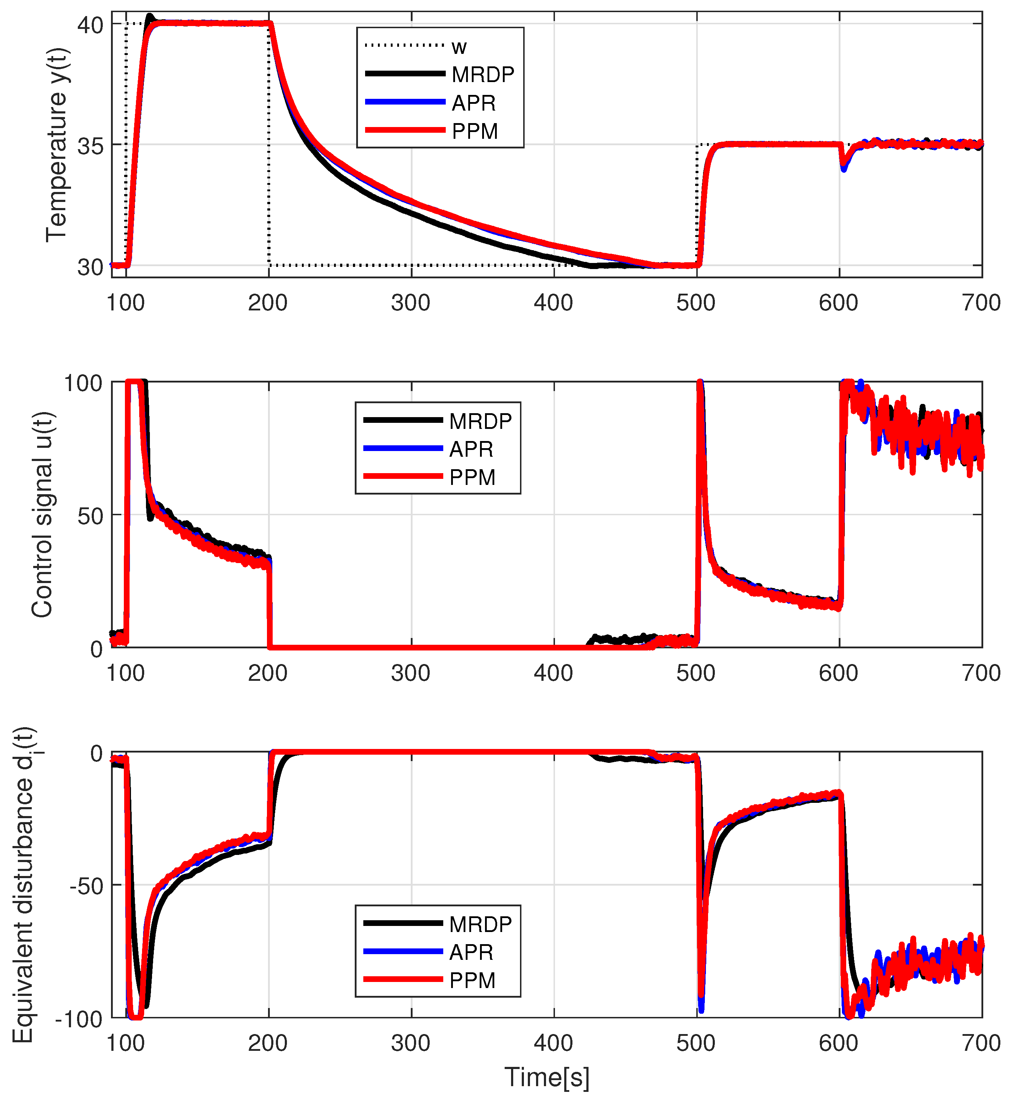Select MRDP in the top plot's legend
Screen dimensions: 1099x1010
tap(482, 74)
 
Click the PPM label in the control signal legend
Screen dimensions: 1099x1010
tap(472, 477)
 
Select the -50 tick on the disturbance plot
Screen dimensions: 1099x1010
tap(86, 886)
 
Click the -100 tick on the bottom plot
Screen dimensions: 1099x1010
tap(79, 1019)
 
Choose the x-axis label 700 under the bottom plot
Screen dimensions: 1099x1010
tap(981, 1043)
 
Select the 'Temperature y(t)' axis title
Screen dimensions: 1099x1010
tap(57, 145)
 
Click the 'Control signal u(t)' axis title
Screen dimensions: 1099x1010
tap(42, 515)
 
